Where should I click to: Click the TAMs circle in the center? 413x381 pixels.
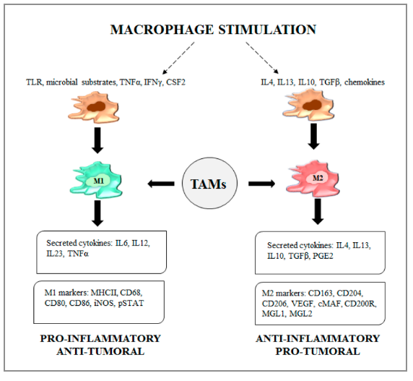209,183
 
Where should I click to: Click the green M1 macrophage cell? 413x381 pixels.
97,180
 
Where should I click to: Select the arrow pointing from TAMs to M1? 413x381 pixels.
161,184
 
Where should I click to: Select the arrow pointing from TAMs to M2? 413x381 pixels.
262,184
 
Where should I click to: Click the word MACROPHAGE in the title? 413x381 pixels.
162,30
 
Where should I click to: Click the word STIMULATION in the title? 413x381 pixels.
267,30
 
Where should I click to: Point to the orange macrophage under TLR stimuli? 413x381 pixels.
94,107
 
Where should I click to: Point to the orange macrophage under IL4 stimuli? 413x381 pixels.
308,104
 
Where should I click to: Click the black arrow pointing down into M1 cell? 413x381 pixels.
97,140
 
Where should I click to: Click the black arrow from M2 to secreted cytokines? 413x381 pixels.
318,211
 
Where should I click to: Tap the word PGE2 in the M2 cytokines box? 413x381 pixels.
323,256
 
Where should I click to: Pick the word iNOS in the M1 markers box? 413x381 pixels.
105,303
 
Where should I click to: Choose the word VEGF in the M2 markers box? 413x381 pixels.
303,304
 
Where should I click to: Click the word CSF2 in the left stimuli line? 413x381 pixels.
175,82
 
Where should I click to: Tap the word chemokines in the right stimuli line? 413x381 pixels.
365,82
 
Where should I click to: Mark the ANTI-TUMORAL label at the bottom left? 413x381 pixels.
100,351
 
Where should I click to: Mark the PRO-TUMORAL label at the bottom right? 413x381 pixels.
318,351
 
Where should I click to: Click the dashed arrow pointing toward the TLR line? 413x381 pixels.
178,58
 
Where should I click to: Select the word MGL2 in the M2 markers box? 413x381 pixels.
300,314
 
